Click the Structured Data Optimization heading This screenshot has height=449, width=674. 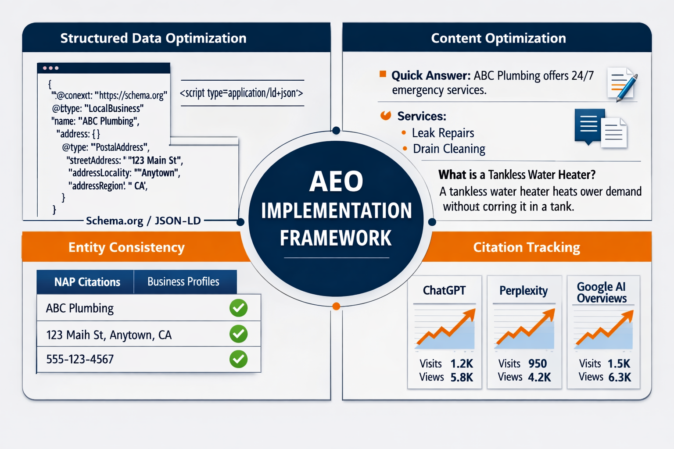pyautogui.click(x=153, y=38)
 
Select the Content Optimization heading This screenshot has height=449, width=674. pyautogui.click(x=498, y=38)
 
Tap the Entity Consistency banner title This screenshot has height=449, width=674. pyautogui.click(x=126, y=247)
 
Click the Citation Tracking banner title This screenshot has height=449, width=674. pyautogui.click(x=526, y=247)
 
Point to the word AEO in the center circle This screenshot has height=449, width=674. pyautogui.click(x=336, y=181)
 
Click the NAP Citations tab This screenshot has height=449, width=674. pyautogui.click(x=87, y=282)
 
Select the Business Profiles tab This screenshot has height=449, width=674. pyautogui.click(x=183, y=282)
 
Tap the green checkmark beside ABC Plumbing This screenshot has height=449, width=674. pyautogui.click(x=238, y=308)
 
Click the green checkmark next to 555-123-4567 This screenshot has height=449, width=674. pyautogui.click(x=238, y=359)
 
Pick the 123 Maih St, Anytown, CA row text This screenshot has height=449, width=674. pyautogui.click(x=109, y=335)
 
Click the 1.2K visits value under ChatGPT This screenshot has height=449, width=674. pyautogui.click(x=462, y=363)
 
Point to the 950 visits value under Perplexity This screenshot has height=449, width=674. pyautogui.click(x=537, y=363)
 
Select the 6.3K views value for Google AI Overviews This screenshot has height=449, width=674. pyautogui.click(x=619, y=377)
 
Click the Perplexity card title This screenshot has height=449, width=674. pyautogui.click(x=523, y=291)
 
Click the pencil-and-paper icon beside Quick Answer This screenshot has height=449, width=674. pyautogui.click(x=622, y=84)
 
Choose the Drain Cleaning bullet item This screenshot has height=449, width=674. pyautogui.click(x=448, y=149)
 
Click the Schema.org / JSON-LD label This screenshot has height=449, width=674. pyautogui.click(x=143, y=221)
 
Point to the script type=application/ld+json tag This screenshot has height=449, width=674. pyautogui.click(x=241, y=93)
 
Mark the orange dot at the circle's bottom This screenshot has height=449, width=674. pyautogui.click(x=336, y=306)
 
